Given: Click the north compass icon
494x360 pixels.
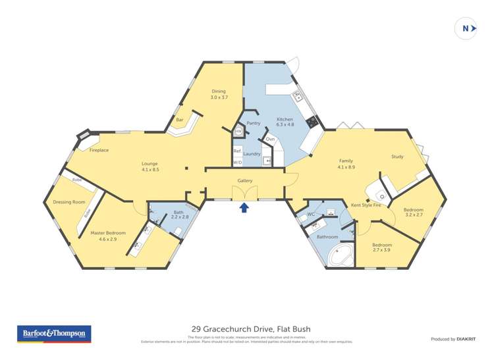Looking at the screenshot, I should pyautogui.click(x=466, y=28).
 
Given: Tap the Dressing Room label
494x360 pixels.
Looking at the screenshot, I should pyautogui.click(x=69, y=202).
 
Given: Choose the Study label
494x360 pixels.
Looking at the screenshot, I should pyautogui.click(x=397, y=157).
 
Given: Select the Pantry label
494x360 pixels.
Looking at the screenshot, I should pyautogui.click(x=254, y=123).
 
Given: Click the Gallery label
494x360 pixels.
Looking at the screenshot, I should pyautogui.click(x=245, y=181).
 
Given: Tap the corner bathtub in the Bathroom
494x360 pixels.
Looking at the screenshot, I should pyautogui.click(x=343, y=255).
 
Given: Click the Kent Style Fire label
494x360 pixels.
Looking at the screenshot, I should pyautogui.click(x=366, y=205).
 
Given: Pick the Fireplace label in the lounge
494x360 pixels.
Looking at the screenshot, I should pyautogui.click(x=99, y=150).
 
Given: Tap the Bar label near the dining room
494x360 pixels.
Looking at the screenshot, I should pyautogui.click(x=180, y=120).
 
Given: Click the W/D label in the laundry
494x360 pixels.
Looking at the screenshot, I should pyautogui.click(x=237, y=162).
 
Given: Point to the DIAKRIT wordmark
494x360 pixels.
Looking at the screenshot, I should pyautogui.click(x=466, y=339).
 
